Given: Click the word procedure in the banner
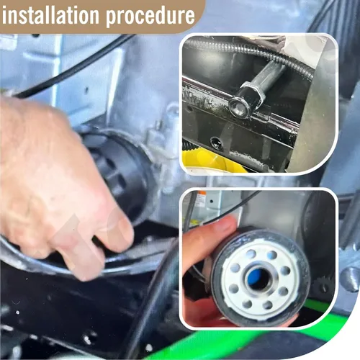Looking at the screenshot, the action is point(150,17).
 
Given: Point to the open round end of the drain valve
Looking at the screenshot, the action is point(238,106).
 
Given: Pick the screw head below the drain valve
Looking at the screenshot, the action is point(216,143).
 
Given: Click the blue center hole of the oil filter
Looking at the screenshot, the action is point(258,279).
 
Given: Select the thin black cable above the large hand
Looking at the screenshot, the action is point(72,66).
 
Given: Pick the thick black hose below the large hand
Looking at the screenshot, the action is point(149,300).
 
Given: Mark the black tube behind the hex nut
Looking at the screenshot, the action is point(272,72).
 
